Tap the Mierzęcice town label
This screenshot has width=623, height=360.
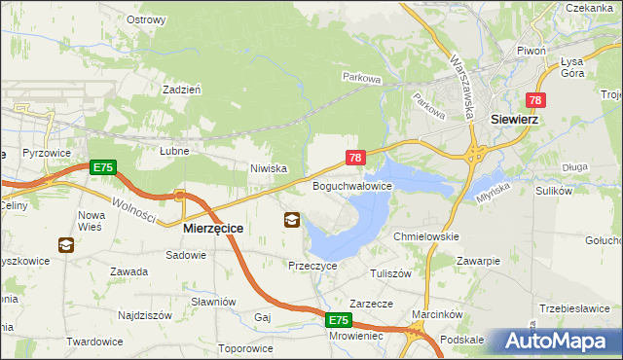point(213,228)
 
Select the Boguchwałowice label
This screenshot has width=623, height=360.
point(351,185)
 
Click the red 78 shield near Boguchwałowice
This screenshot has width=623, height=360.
point(355,158)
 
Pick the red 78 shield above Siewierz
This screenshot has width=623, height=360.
point(535,100)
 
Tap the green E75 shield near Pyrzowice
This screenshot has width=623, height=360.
point(103,168)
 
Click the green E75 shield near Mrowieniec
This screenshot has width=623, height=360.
point(338,320)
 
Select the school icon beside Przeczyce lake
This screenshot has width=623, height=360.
point(292,220)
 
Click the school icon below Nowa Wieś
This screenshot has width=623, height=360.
point(66,245)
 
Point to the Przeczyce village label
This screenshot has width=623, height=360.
point(312,265)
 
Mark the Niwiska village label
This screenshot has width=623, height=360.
point(268,168)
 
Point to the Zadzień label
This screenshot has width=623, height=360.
point(182,89)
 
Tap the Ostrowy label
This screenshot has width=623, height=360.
point(146,18)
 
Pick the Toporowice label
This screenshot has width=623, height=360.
point(245,347)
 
